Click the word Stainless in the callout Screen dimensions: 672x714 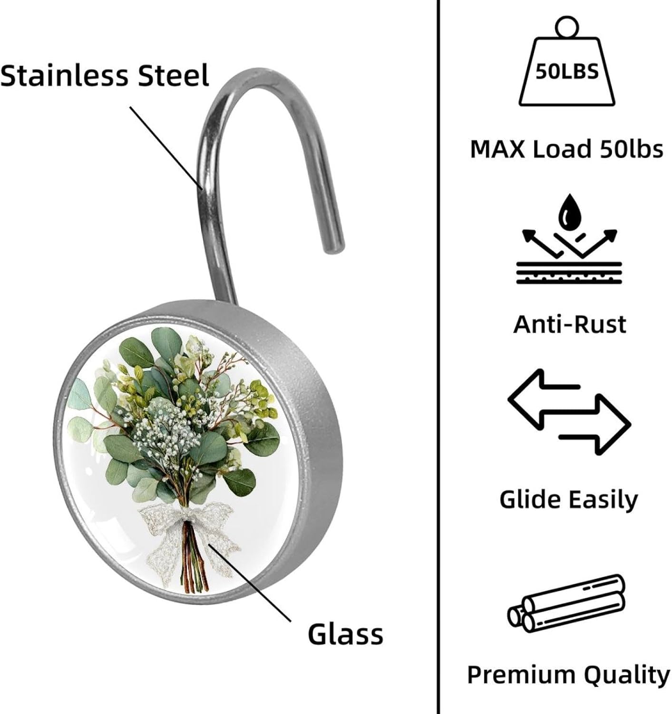point(64,76)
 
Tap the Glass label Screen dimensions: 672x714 point(345,634)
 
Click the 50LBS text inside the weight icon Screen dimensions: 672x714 point(566,72)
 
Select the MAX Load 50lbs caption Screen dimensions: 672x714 point(566,149)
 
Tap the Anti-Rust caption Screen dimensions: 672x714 point(569,324)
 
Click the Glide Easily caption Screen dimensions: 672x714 point(568,499)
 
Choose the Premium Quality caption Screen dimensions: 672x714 point(568,674)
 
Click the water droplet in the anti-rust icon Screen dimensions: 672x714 point(569,212)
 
